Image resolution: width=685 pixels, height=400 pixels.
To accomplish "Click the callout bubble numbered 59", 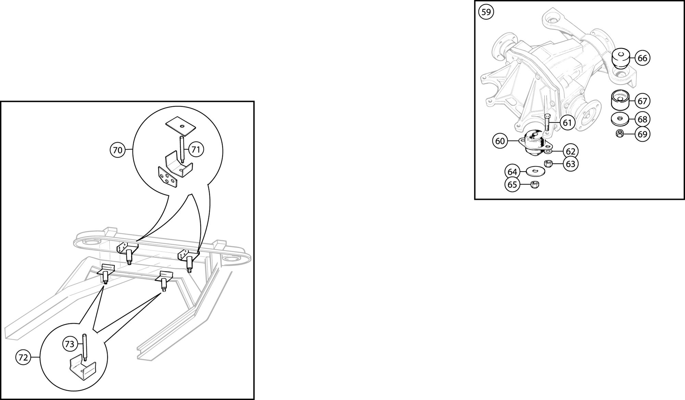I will pos(486,12).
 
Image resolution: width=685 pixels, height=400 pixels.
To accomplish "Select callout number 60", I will pos(500,141).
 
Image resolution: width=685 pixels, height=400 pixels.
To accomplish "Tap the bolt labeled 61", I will pos(547,121).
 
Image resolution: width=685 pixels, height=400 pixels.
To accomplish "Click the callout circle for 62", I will pos(571,151).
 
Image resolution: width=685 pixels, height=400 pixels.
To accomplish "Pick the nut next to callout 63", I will pos(548,164).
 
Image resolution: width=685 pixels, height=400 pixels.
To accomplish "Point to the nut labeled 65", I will pos(534,185).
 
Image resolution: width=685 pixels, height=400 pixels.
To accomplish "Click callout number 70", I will pos(117,150).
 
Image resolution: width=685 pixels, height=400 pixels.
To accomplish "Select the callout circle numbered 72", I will pos(23,358).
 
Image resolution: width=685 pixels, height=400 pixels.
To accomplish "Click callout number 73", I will pos(70,344).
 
